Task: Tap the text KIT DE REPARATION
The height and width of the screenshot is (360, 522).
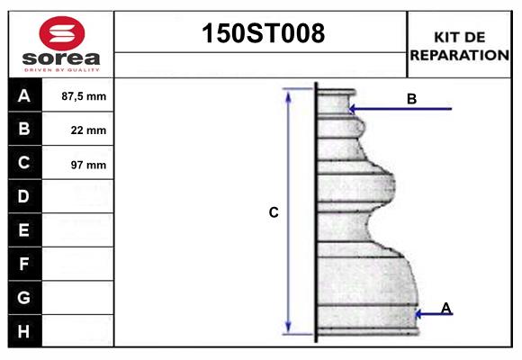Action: tap(459, 45)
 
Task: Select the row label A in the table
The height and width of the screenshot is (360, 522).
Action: tap(24, 95)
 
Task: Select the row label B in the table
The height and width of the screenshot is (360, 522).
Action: tap(24, 129)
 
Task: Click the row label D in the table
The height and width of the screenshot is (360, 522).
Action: tap(24, 196)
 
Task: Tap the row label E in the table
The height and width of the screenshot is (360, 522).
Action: tap(24, 230)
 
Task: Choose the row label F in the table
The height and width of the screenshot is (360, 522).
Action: tap(24, 264)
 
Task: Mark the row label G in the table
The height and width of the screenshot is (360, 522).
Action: tap(24, 297)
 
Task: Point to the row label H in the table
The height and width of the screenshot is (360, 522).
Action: tap(24, 331)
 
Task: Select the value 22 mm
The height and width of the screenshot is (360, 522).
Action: tap(88, 130)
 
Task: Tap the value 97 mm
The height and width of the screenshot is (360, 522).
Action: tap(88, 165)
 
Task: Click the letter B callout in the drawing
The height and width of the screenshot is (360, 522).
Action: tap(411, 99)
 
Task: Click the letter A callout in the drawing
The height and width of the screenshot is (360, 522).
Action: tap(445, 309)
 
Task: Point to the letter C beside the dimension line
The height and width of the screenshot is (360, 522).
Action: tap(274, 213)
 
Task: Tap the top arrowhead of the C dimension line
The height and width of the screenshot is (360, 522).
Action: tap(289, 94)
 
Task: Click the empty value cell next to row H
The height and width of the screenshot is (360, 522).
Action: tap(78, 331)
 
